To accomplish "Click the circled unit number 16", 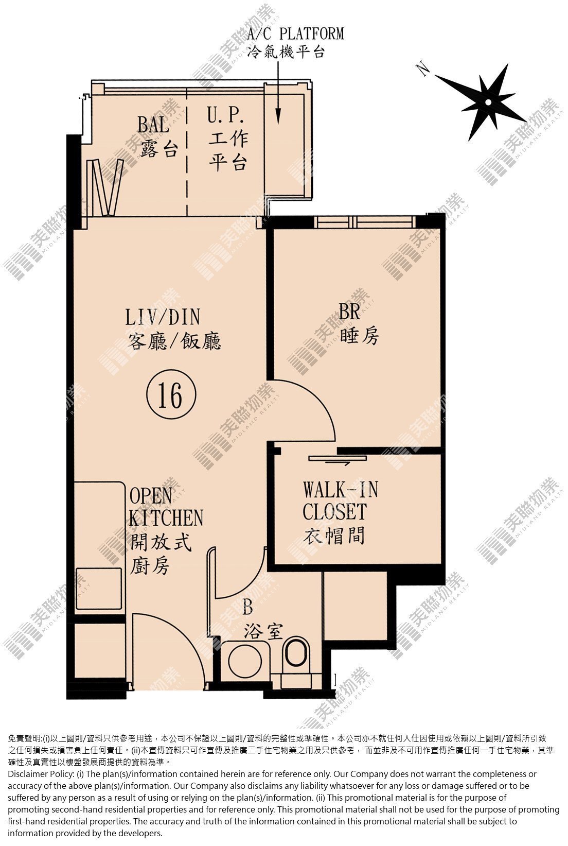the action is (171, 395).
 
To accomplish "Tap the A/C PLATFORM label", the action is (295, 33).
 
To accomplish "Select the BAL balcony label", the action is (153, 124).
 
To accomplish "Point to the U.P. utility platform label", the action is (226, 115).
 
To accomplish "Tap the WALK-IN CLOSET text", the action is (340, 501).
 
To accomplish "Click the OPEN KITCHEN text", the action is (166, 507).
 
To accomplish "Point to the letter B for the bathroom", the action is (247, 607).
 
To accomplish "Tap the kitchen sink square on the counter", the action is (98, 589).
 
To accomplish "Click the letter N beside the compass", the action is (424, 69).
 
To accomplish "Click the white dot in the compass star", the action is (488, 102).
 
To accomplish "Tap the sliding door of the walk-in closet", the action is (338, 459).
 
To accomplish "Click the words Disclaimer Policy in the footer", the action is (41, 774).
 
